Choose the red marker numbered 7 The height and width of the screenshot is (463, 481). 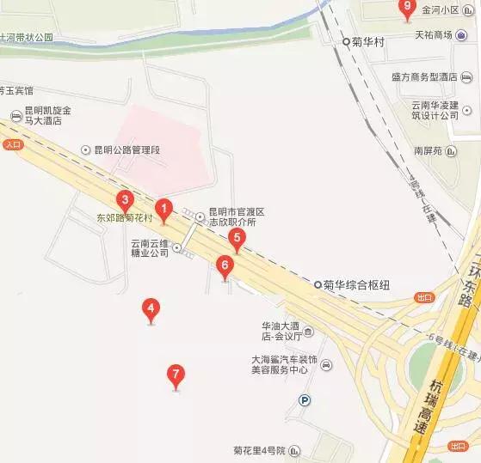[176, 375]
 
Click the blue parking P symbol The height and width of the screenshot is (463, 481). [303, 399]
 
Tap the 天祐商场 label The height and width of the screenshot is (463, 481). [435, 35]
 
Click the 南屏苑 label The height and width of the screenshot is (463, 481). [428, 149]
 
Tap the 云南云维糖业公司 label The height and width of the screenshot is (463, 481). [151, 248]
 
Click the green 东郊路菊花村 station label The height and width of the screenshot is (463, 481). [124, 218]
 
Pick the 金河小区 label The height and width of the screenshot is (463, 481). [439, 12]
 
